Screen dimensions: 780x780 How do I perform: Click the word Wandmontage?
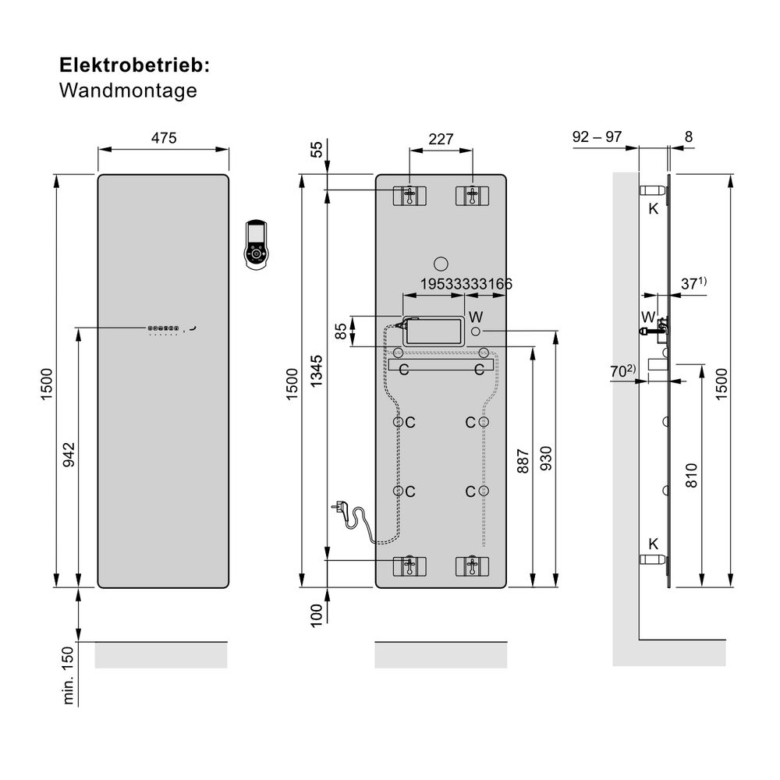pyautogui.click(x=128, y=90)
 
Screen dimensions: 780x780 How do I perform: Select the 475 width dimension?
pyautogui.click(x=164, y=138)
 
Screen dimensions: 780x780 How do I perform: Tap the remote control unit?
pyautogui.click(x=257, y=245)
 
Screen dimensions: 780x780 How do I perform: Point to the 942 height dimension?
pyautogui.click(x=69, y=455)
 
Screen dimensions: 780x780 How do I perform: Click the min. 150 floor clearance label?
pyautogui.click(x=69, y=675)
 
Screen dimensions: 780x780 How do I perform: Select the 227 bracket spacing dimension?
pyautogui.click(x=441, y=139)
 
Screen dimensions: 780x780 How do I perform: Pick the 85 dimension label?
pyautogui.click(x=341, y=331)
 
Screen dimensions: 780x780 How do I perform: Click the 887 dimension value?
pyautogui.click(x=523, y=461)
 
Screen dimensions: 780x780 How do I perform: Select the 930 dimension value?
pyautogui.click(x=545, y=461)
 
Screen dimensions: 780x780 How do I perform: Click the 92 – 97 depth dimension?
pyautogui.click(x=597, y=136)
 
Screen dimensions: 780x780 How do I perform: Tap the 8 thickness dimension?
pyautogui.click(x=688, y=136)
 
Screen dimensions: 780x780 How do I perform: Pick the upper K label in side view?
pyautogui.click(x=654, y=208)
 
